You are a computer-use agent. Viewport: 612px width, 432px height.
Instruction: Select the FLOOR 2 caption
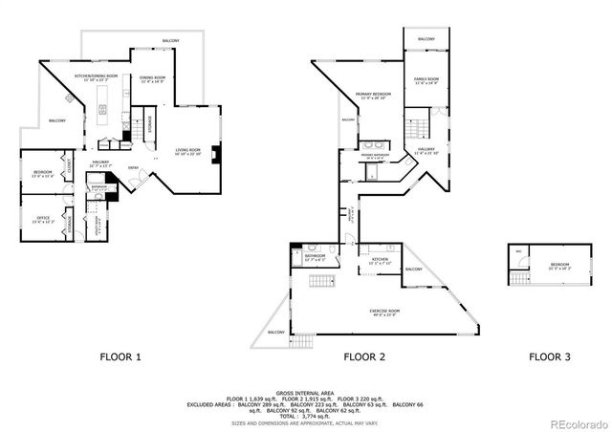pos(364,357)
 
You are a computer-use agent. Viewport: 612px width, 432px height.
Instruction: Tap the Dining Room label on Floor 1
pos(153,79)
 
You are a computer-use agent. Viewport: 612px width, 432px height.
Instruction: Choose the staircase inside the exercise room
pos(319,282)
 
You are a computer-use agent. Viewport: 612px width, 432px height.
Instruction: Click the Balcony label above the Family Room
pos(426,39)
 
